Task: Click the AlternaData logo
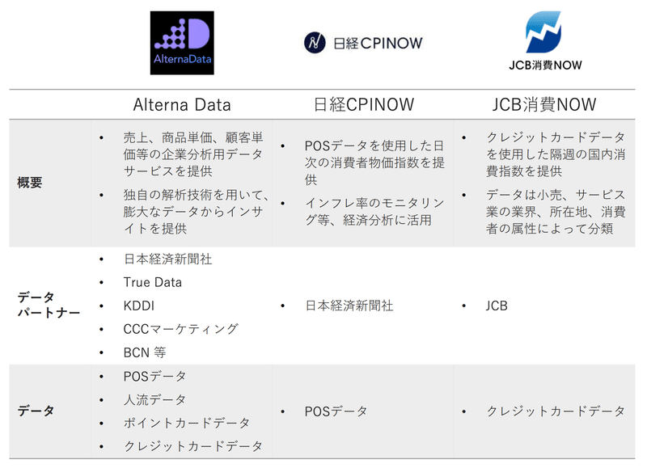(182, 43)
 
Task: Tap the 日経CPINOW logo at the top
(363, 43)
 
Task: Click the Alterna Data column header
(182, 104)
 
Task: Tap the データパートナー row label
(49, 306)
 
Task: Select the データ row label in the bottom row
(36, 411)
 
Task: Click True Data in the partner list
(152, 282)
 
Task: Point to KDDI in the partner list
(139, 306)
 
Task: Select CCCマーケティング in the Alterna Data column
(180, 329)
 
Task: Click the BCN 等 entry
(145, 352)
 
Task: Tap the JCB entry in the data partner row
(497, 306)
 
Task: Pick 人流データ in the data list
(154, 399)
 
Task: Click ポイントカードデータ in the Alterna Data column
(186, 423)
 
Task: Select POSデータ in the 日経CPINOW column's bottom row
(336, 411)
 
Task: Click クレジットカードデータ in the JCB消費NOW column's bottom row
(556, 411)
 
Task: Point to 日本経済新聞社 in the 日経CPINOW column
(349, 306)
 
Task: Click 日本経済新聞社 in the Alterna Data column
(167, 259)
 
